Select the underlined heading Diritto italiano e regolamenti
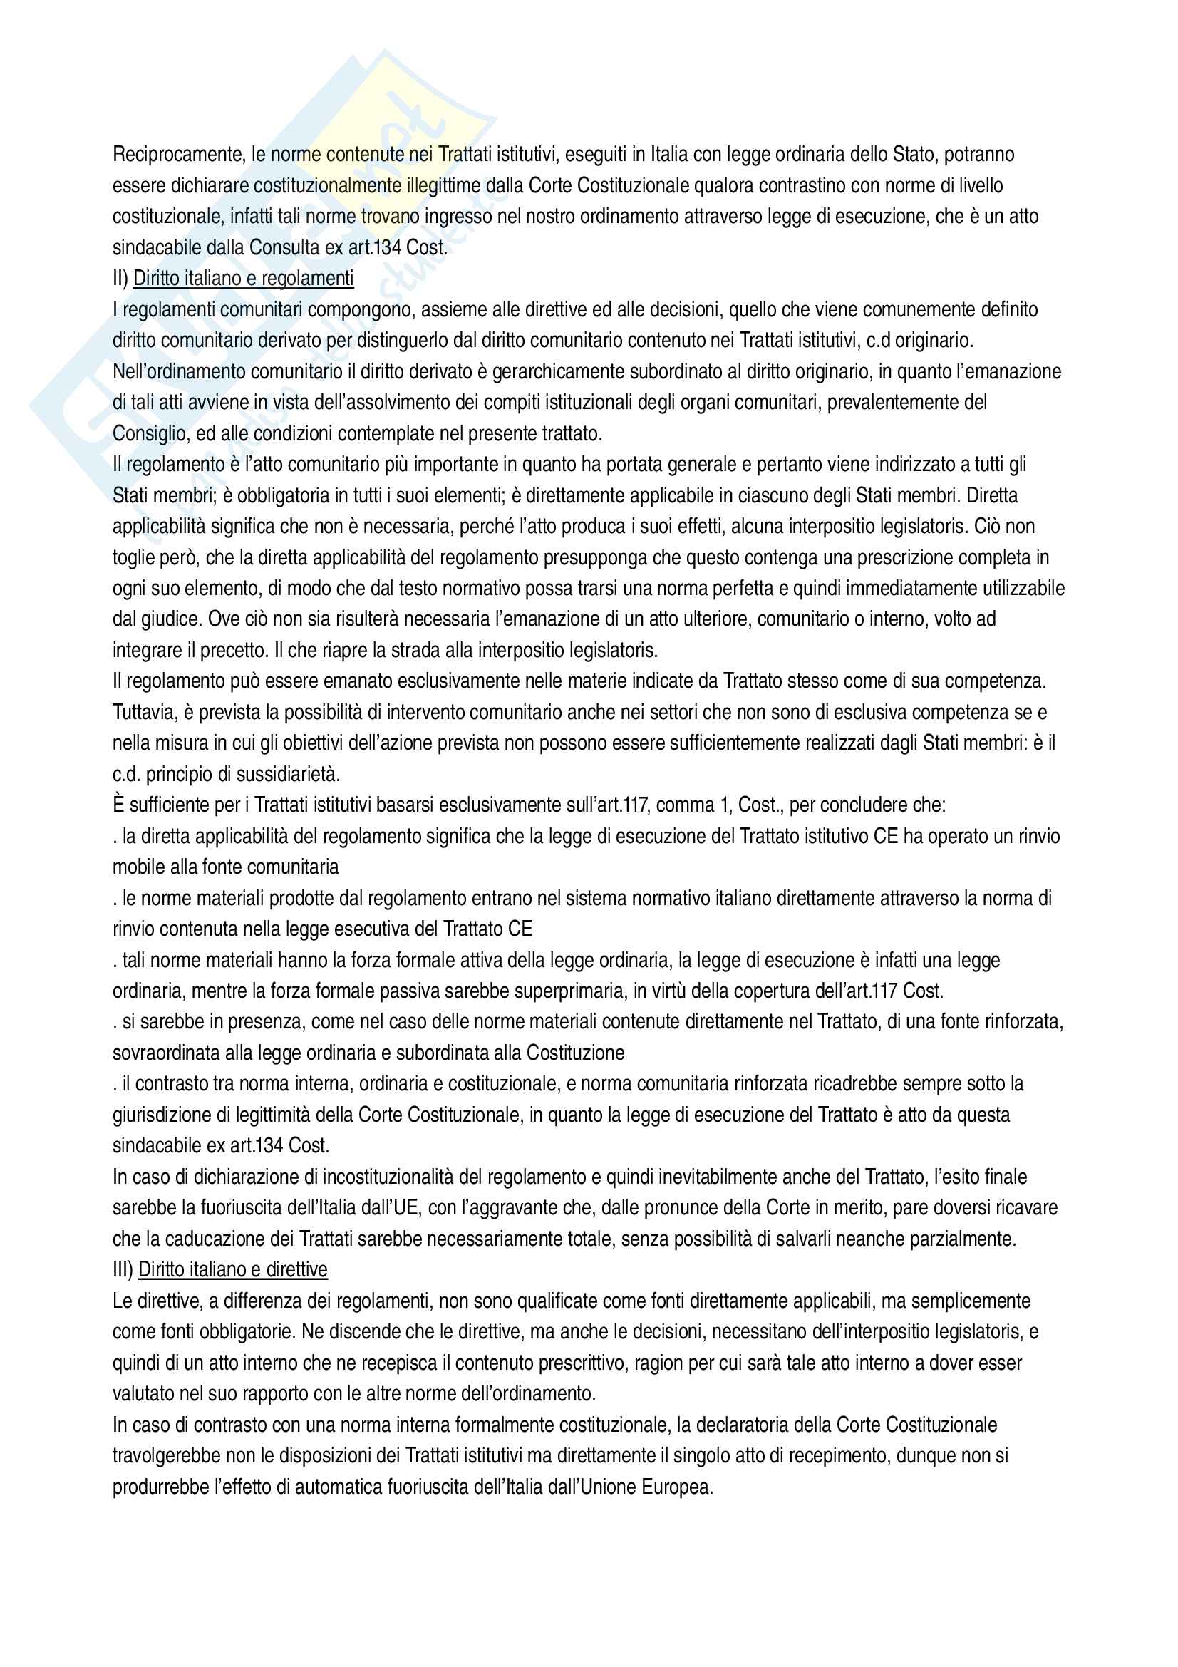(243, 279)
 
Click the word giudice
(175, 619)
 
